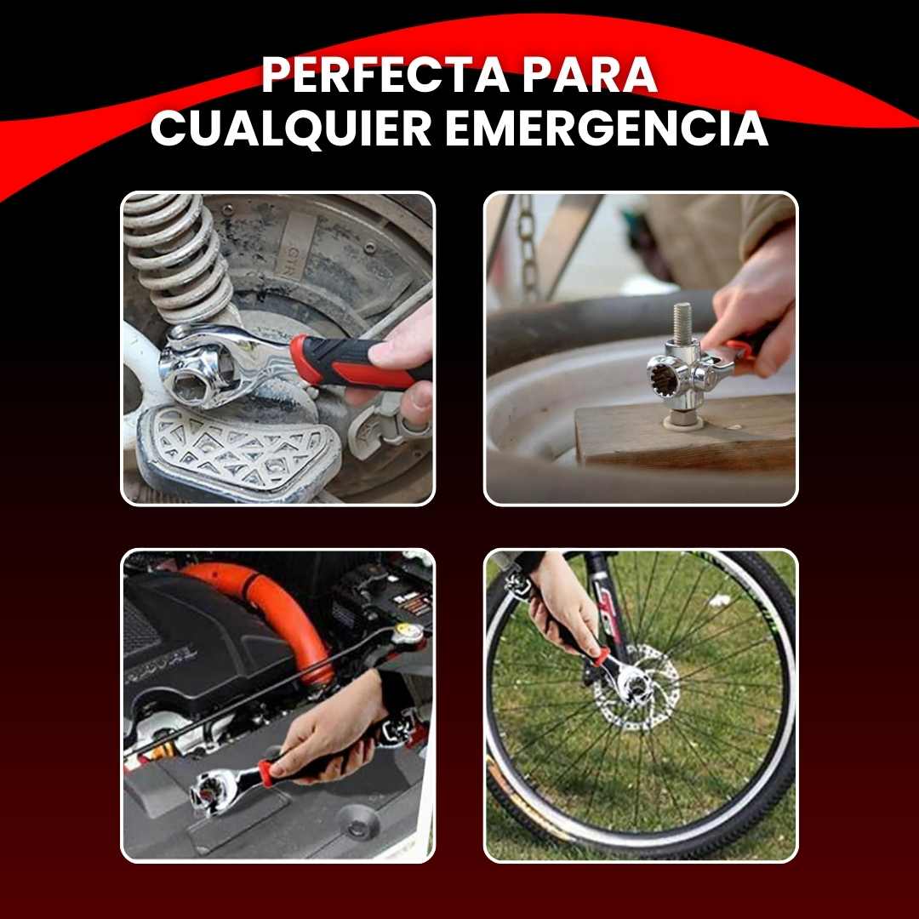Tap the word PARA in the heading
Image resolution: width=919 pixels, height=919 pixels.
[x=590, y=74]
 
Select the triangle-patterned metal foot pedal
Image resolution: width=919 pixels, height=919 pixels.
[x=237, y=451]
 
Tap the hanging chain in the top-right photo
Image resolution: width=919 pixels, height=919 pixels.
[x=528, y=246]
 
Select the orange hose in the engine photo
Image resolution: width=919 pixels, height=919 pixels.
[x=276, y=615]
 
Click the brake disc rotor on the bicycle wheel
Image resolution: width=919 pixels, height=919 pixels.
[x=636, y=687]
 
